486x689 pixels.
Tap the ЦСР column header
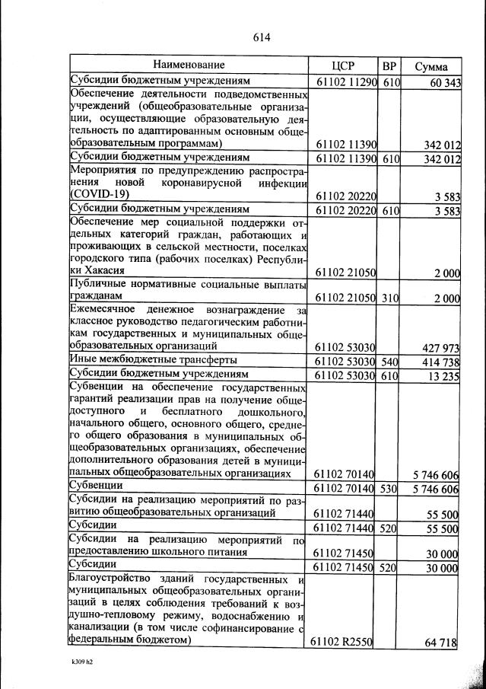coord(345,65)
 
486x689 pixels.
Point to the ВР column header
coord(389,65)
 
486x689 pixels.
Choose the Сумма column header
coord(430,66)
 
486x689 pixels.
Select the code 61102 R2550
coord(341,643)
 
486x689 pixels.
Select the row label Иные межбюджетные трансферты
coord(153,359)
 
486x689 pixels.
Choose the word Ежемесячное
coord(103,309)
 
